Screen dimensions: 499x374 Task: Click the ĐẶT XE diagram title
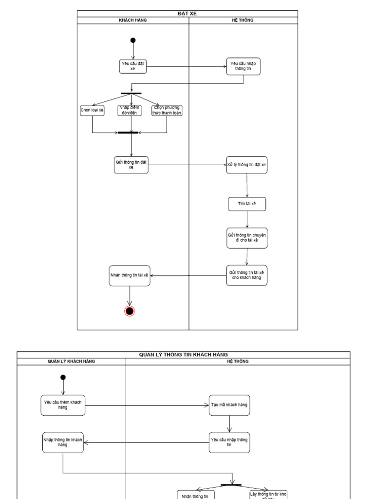click(187, 14)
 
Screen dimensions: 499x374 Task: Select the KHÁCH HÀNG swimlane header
click(133, 20)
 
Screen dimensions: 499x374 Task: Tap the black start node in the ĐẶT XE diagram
click(133, 40)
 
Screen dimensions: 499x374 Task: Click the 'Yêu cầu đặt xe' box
click(133, 66)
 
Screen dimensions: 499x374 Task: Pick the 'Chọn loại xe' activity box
click(92, 111)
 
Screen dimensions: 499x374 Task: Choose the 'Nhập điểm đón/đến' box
click(130, 111)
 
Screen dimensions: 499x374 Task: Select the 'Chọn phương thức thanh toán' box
click(167, 111)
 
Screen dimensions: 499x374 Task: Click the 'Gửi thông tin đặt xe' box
click(131, 165)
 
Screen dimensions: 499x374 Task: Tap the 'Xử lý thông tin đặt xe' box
click(247, 165)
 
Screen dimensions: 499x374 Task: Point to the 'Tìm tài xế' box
click(247, 204)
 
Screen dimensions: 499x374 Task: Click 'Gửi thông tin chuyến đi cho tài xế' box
click(247, 238)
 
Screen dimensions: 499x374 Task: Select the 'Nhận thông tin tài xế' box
click(130, 275)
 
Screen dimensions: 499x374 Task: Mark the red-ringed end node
click(130, 311)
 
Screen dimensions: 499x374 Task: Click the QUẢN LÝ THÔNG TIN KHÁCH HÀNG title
click(184, 355)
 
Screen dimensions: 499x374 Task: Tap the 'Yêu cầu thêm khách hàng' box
click(63, 405)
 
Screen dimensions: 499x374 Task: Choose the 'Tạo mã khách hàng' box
click(229, 405)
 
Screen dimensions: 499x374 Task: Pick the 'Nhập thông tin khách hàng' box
click(63, 442)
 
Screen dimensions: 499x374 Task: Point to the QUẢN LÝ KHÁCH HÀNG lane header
click(71, 362)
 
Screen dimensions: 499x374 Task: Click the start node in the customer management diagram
click(63, 377)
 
